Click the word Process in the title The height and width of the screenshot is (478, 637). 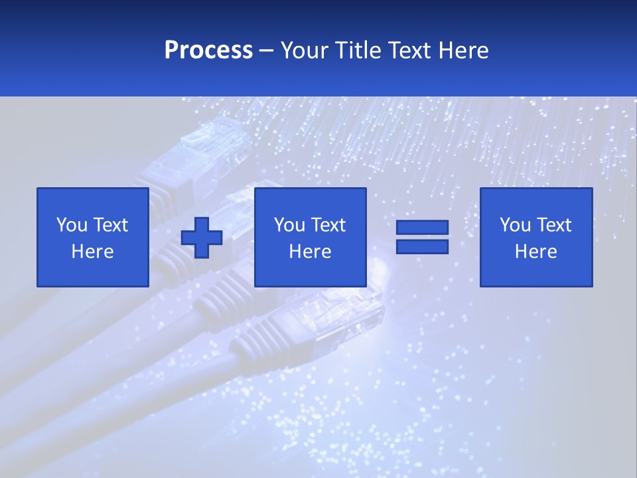click(208, 50)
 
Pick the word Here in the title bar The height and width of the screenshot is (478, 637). click(465, 50)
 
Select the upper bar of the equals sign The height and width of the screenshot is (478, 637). click(422, 228)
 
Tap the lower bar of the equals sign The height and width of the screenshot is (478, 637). click(422, 247)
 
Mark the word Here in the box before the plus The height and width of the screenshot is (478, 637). click(92, 252)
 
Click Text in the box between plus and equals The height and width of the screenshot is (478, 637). click(329, 225)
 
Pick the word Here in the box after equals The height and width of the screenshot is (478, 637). click(535, 252)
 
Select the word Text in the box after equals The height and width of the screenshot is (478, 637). click(555, 225)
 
